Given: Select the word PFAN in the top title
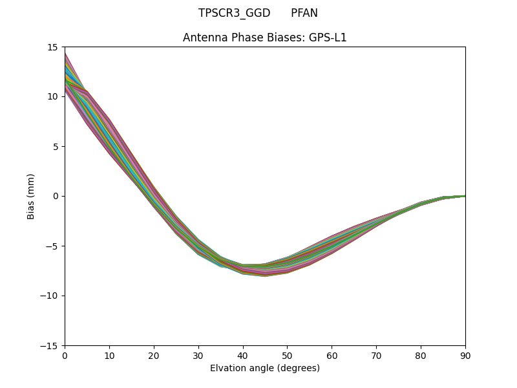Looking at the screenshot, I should point(304,13).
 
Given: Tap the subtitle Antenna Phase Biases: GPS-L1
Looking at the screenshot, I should point(265,38).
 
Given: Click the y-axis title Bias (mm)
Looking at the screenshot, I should point(31,196).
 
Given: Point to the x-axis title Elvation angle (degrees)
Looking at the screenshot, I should point(265,368).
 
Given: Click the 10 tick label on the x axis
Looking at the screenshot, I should point(109,355).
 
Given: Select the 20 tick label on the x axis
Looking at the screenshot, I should point(154,355).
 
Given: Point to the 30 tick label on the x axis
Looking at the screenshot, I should point(198,355).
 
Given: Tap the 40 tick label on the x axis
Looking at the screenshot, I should point(243,355).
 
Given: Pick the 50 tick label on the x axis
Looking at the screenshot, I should point(287,355).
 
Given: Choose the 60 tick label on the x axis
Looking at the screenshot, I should point(332,355).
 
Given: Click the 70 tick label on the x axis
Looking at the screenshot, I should point(376,355).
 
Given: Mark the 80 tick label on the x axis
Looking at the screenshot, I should point(421,355).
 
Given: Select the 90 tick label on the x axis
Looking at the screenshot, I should point(465,355).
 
